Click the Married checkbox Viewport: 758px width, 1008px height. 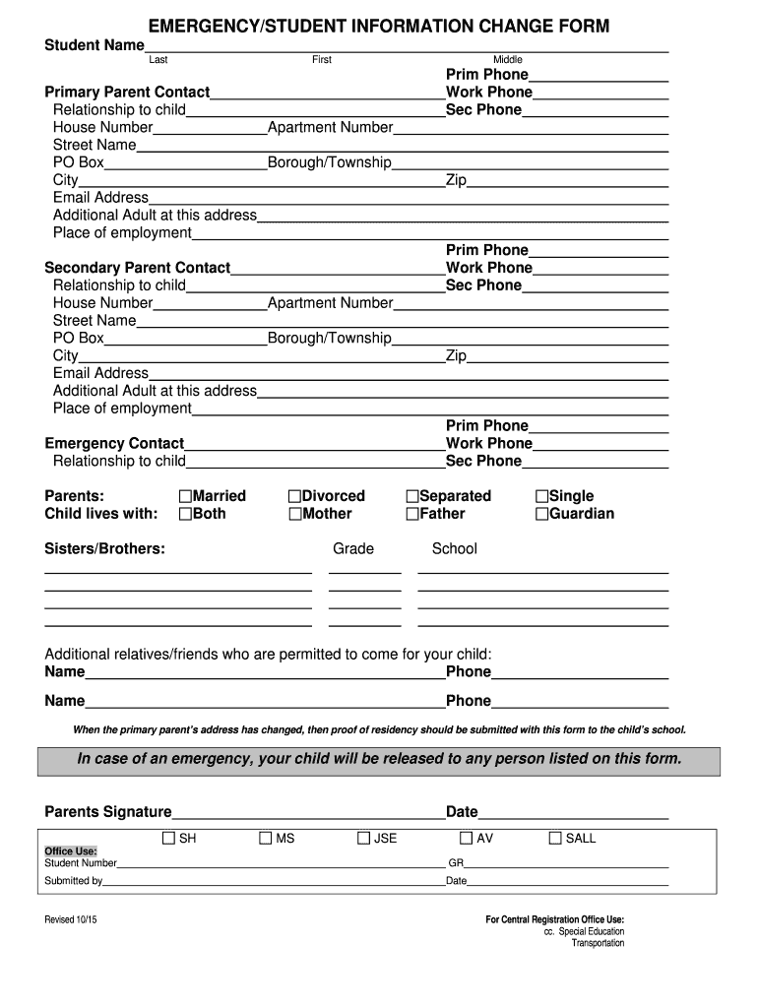click(x=185, y=496)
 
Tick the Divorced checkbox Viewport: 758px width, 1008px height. click(x=294, y=496)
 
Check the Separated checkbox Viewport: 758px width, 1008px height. click(x=412, y=496)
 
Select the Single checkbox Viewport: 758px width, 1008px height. click(x=541, y=496)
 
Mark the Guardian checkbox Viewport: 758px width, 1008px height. click(x=541, y=514)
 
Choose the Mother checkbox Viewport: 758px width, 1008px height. click(x=294, y=514)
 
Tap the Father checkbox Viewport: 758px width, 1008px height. click(x=412, y=514)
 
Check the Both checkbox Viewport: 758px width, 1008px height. click(x=185, y=514)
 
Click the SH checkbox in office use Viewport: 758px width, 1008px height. click(x=168, y=839)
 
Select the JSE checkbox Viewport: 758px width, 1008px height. click(x=363, y=839)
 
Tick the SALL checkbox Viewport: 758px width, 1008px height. click(x=555, y=839)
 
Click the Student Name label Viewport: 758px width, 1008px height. click(x=95, y=46)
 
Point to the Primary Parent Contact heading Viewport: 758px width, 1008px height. click(x=127, y=93)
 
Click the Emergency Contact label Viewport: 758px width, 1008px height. click(x=114, y=444)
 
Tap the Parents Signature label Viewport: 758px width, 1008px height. click(x=108, y=812)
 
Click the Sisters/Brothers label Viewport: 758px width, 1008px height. click(x=104, y=548)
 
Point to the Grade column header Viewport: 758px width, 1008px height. click(x=353, y=548)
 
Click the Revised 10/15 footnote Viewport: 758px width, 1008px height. click(x=71, y=919)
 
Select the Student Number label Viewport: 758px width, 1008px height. click(x=81, y=863)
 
